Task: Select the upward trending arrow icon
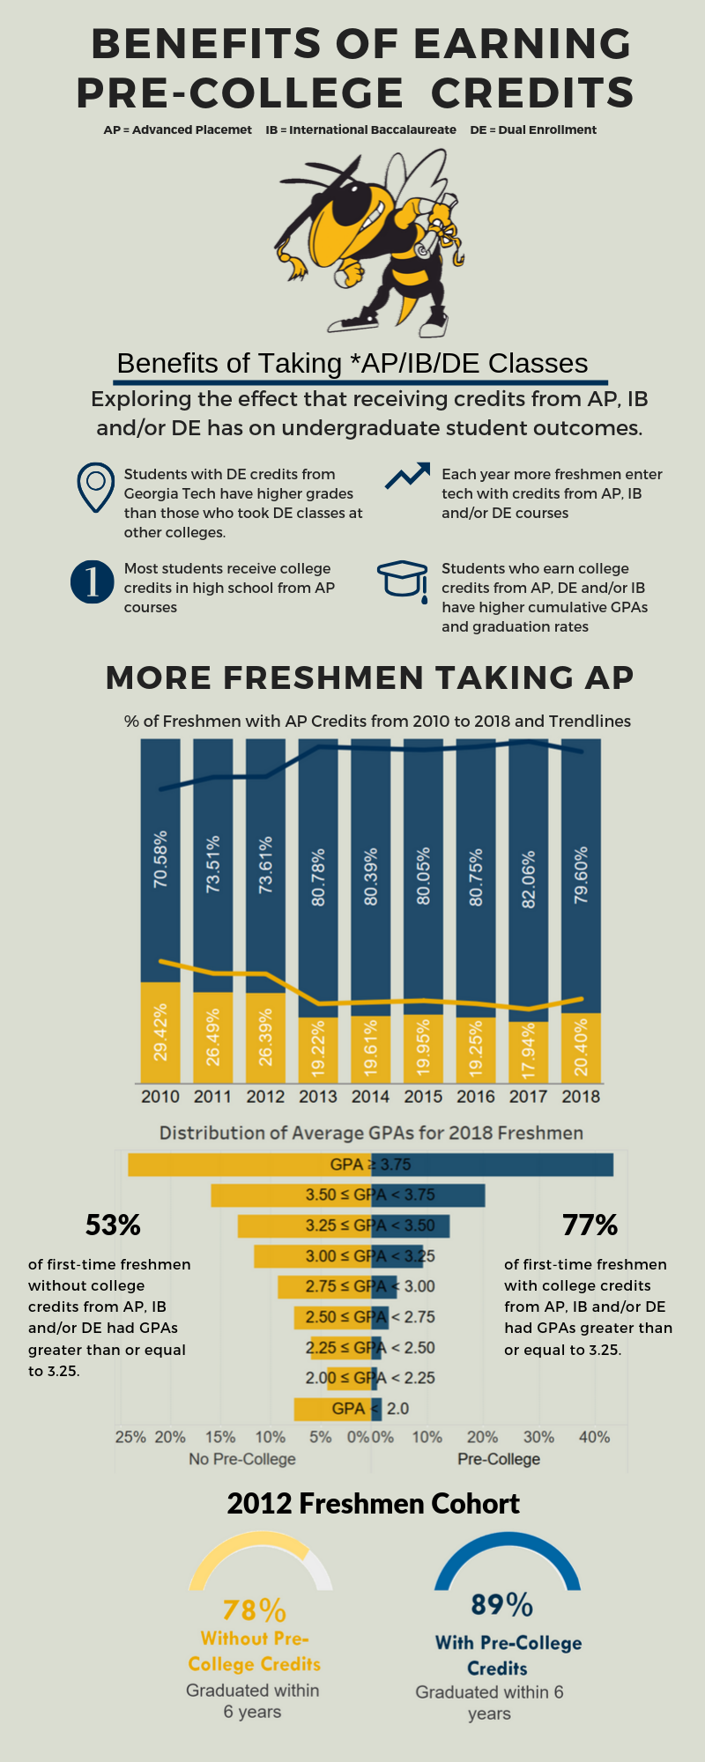coord(407,476)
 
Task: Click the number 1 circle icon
coord(93,582)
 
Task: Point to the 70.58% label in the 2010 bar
coord(160,859)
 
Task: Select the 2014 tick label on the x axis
coord(370,1097)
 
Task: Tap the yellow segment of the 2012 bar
coord(265,1038)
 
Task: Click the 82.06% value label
coord(529,879)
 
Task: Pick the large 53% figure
coord(113,1225)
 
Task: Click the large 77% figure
coord(590,1225)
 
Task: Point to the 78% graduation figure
coord(254,1610)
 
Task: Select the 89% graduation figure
coord(501,1604)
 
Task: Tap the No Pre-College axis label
coord(242,1459)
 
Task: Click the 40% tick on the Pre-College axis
coord(594,1437)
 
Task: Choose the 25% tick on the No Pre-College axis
coord(130,1437)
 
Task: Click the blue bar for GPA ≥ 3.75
coord(493,1165)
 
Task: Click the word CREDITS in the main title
coord(532,93)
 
